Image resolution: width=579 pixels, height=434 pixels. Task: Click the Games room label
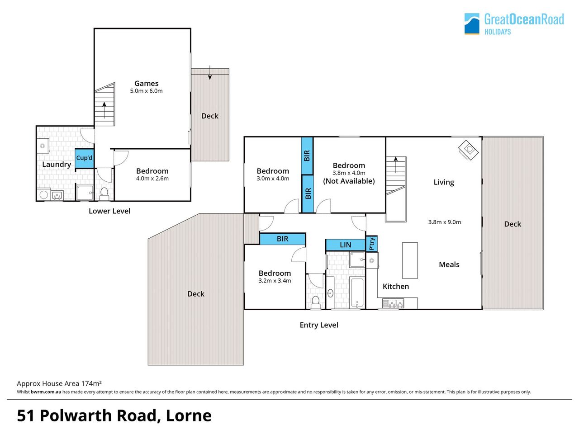147,83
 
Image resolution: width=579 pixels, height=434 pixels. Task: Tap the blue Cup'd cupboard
85,158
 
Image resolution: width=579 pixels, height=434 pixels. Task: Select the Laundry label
57,165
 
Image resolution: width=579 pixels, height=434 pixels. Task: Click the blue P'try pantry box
372,244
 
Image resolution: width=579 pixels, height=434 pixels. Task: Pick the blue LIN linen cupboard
346,245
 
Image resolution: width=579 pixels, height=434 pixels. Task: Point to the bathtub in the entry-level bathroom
357,292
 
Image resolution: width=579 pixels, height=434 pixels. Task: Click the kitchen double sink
393,303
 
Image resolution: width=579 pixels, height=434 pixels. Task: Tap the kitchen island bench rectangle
410,260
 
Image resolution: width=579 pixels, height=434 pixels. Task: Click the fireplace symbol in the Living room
469,150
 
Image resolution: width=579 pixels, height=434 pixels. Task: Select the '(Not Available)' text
349,181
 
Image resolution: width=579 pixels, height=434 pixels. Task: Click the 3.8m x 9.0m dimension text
445,222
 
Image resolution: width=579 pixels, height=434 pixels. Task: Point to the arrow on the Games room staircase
104,110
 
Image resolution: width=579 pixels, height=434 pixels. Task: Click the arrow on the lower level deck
210,72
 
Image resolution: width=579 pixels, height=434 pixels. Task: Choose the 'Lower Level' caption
109,211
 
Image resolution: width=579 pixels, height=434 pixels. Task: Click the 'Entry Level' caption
319,325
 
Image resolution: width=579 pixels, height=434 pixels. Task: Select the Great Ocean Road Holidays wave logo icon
472,24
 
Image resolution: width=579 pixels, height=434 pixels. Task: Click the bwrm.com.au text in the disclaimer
46,392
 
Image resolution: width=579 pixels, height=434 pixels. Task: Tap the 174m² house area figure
91,383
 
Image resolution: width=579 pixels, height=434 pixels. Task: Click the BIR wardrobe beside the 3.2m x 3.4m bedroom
283,239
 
